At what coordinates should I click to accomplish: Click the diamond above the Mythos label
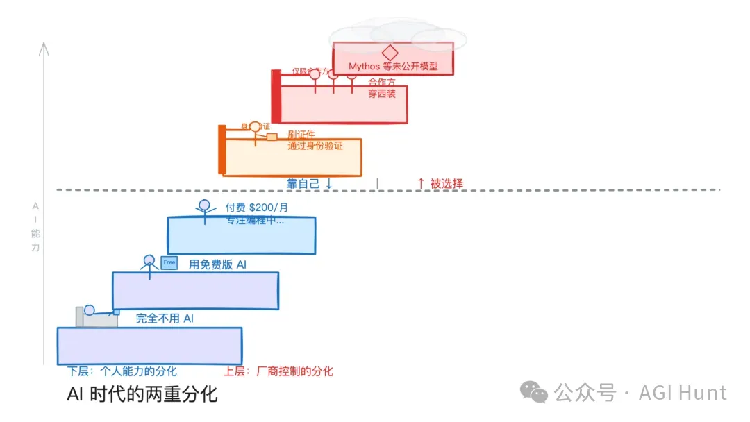click(x=390, y=53)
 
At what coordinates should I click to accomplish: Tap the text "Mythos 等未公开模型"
click(x=393, y=67)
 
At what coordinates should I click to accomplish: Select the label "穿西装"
click(x=382, y=94)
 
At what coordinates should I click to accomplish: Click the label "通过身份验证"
click(x=315, y=146)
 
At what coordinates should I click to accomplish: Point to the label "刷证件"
click(x=301, y=134)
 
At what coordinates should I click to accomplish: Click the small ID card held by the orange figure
click(x=272, y=137)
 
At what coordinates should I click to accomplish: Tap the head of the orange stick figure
click(x=255, y=127)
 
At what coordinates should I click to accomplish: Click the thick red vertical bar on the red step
click(x=276, y=97)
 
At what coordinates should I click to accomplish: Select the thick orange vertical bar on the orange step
click(x=222, y=149)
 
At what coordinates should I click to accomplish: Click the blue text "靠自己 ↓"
click(x=310, y=184)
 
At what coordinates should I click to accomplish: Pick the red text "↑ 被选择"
click(x=440, y=184)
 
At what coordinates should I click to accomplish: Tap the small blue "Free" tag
click(x=169, y=262)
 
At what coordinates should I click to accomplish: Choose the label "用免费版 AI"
click(x=217, y=264)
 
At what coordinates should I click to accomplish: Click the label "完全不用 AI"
click(x=165, y=319)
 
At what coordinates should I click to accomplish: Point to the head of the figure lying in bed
click(x=89, y=310)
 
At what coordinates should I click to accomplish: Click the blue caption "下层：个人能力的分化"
click(x=122, y=371)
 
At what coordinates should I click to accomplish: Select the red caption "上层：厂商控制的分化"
click(x=278, y=371)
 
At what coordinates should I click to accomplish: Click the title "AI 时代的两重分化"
click(x=142, y=395)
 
